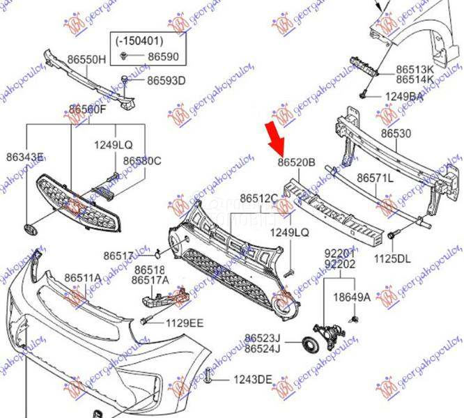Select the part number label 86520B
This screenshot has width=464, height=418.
(x=297, y=163)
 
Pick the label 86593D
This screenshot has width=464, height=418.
(x=166, y=81)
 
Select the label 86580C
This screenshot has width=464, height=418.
(x=142, y=161)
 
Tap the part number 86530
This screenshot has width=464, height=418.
(x=396, y=133)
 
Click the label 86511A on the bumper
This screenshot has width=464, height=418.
(x=83, y=278)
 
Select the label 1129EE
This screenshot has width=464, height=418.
(x=184, y=322)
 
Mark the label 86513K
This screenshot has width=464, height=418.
(x=415, y=70)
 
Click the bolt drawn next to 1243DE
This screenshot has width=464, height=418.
(x=208, y=377)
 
